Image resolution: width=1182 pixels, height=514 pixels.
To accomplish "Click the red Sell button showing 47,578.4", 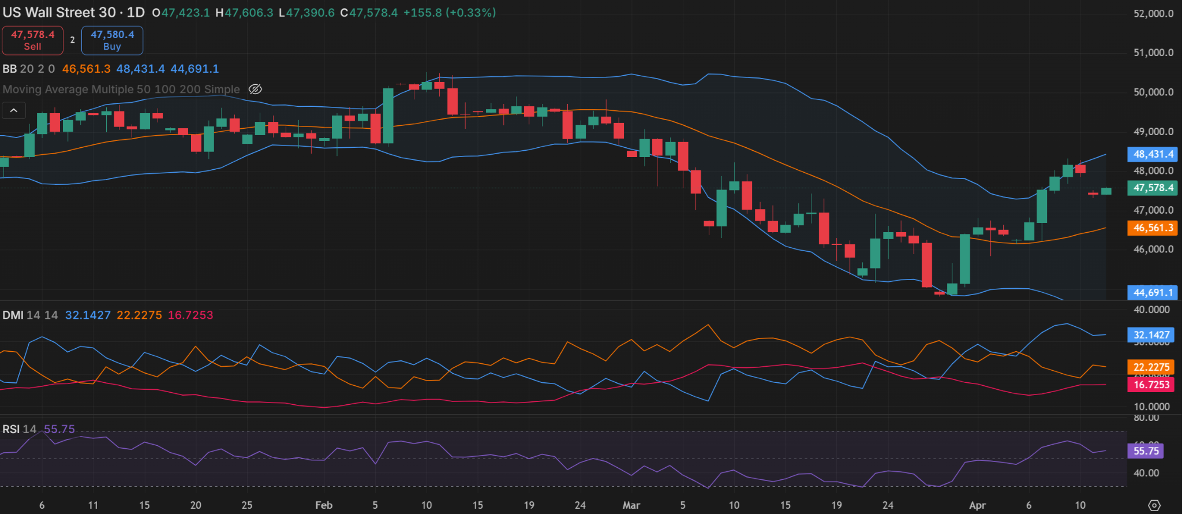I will pos(32,40).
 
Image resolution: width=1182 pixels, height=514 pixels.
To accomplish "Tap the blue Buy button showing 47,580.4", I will pos(112,40).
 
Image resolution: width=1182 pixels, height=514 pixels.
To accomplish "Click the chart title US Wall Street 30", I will pos(59,13).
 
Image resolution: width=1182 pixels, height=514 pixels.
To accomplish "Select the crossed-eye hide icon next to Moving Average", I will pos(255,89).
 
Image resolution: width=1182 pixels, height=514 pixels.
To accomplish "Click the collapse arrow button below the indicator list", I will pos(14,110).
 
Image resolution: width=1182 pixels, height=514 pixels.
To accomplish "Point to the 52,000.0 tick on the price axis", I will pos(1153,13).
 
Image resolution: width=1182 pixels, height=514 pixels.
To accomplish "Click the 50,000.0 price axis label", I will pos(1153,92).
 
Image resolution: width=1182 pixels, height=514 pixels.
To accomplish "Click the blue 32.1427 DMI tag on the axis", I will pos(1151,335).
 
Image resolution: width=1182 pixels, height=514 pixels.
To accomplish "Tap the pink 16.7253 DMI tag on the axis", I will pos(1151,385).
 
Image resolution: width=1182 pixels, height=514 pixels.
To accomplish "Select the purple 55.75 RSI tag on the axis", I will pos(1146,451).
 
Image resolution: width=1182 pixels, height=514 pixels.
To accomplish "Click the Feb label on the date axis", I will pos(324,505).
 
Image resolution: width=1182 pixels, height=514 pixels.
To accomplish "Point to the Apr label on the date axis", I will pos(977,505).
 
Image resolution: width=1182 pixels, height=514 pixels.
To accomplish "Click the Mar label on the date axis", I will pos(631,505).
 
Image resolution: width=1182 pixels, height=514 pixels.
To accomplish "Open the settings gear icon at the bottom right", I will pos(1154,505).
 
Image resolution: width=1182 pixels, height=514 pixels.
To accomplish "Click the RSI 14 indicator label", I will pos(19,429).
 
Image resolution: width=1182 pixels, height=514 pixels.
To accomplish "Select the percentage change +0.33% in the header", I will pos(470,13).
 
